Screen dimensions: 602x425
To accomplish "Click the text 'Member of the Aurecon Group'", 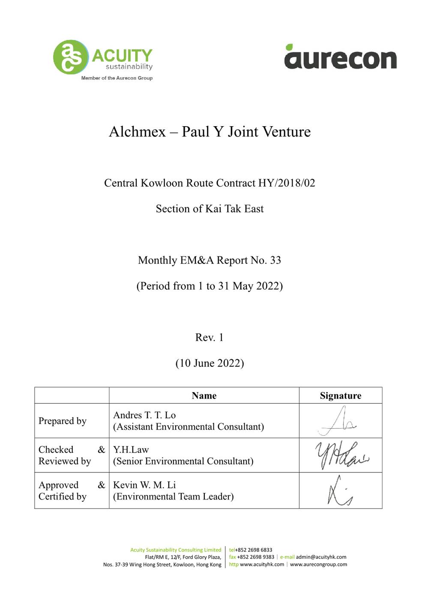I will (x=117, y=78).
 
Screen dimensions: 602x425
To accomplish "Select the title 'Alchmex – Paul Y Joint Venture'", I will (x=210, y=131).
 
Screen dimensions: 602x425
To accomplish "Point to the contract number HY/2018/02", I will (x=287, y=183).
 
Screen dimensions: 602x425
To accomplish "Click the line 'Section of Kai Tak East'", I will (x=210, y=209).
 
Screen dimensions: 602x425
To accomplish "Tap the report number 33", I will (x=275, y=260).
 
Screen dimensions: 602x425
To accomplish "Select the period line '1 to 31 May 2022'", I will (x=210, y=286).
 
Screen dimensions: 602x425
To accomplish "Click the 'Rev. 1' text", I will (x=209, y=338).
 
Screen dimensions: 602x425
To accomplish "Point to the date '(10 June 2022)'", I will (x=210, y=363).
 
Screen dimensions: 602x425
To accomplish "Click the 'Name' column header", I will (x=204, y=396).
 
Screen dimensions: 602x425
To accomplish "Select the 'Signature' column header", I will (x=340, y=396).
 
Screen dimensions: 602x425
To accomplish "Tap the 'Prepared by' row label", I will (x=63, y=421).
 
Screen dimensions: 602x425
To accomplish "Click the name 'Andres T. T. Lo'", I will (x=144, y=415).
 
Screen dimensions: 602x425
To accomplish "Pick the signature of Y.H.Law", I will (x=341, y=456).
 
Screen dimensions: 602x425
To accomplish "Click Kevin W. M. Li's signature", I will (x=340, y=491).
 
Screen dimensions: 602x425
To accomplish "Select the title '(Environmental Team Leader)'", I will (x=174, y=497).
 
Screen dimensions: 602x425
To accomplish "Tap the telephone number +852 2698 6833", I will (x=253, y=550).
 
